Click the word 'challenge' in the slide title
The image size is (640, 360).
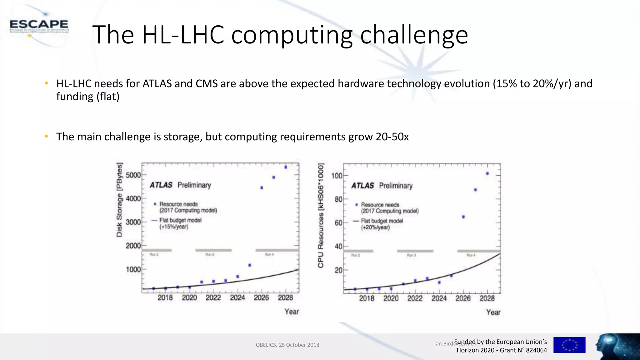(x=414, y=35)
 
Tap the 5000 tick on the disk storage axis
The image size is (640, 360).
(x=133, y=175)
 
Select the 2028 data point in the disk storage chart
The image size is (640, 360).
(x=286, y=167)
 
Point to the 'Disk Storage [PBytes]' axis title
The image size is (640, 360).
(x=119, y=200)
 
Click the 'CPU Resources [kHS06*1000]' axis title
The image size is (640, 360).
(x=321, y=216)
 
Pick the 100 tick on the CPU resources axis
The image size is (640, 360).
(x=337, y=176)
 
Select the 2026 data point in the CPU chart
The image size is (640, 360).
(x=463, y=217)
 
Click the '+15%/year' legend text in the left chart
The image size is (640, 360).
(x=174, y=227)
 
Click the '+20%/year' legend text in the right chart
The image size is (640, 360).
(x=375, y=227)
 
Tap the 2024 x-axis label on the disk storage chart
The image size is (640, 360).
(x=237, y=298)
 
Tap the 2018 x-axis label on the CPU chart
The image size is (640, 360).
(x=367, y=298)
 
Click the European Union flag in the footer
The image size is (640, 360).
(x=569, y=345)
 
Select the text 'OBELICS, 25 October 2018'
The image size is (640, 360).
(x=287, y=345)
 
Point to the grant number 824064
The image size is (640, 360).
(x=536, y=350)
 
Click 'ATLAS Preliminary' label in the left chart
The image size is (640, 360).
(x=180, y=185)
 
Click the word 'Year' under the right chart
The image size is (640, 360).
(x=493, y=312)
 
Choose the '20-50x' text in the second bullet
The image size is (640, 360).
(x=392, y=137)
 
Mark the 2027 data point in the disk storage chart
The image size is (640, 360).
(x=274, y=177)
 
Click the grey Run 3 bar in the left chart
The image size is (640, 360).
(x=213, y=250)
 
